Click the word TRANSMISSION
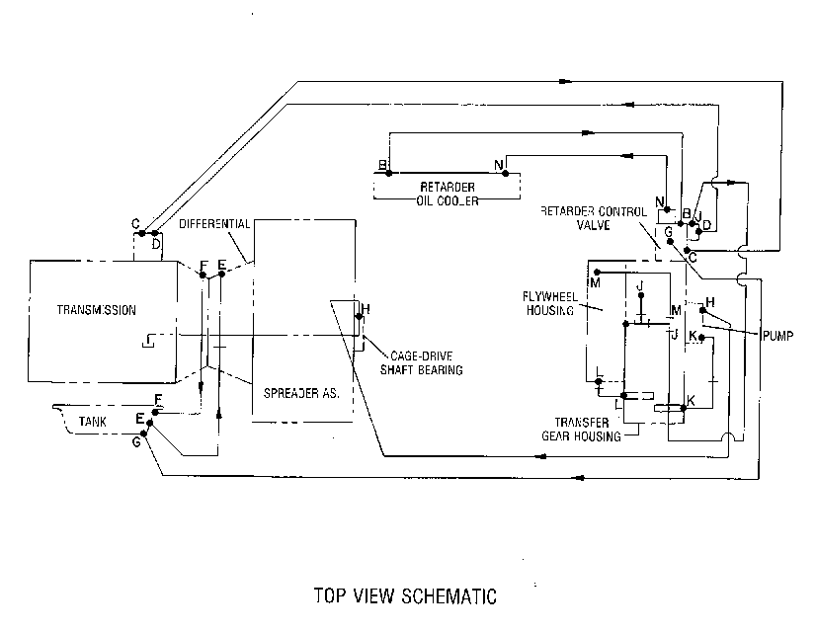tap(96, 310)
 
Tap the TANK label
tap(93, 422)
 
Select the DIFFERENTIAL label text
tap(214, 224)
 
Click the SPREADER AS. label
tap(301, 393)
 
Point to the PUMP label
tap(778, 336)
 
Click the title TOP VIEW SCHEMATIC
tap(405, 596)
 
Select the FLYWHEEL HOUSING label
tap(549, 303)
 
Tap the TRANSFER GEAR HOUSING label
tap(581, 430)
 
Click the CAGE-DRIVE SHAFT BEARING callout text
tap(422, 363)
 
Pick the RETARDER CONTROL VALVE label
tap(594, 218)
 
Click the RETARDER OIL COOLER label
tap(448, 194)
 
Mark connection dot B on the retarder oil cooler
tap(389, 173)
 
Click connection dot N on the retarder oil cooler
tap(506, 173)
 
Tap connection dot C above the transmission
tap(142, 233)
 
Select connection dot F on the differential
tap(203, 275)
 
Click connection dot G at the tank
tap(144, 434)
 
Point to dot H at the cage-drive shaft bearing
tap(359, 316)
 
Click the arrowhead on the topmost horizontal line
tap(566, 81)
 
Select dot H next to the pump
tap(702, 310)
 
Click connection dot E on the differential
tap(221, 275)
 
